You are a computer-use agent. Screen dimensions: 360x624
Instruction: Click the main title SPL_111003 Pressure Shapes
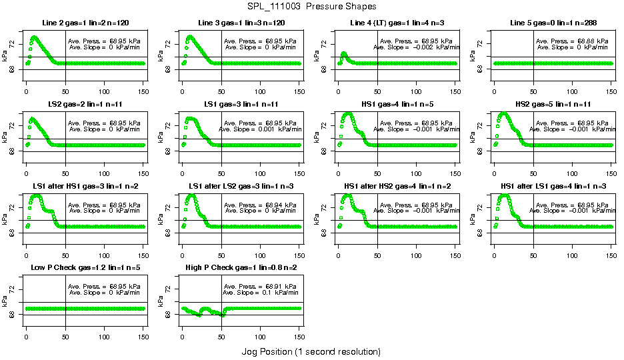pos(311,7)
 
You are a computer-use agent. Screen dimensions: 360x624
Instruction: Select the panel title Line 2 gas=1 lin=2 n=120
pos(85,23)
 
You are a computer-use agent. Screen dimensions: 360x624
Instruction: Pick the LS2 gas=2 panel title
pos(85,105)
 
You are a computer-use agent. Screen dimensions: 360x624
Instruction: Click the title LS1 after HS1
pos(85,186)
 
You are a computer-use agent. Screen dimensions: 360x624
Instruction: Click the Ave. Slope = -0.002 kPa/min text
pos(416,47)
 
